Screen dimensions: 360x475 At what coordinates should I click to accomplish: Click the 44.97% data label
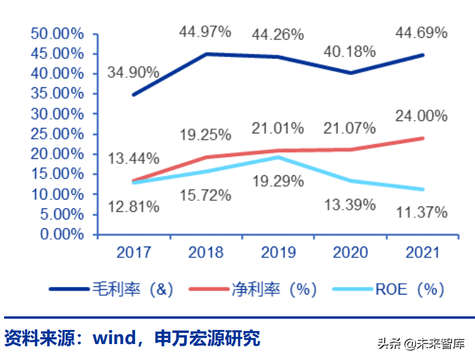pyautogui.click(x=205, y=32)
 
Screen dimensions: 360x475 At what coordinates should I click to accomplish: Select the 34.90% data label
pyautogui.click(x=133, y=73)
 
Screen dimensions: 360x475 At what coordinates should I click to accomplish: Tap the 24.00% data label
pyautogui.click(x=421, y=116)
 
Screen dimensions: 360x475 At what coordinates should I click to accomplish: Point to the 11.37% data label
pyautogui.click(x=421, y=212)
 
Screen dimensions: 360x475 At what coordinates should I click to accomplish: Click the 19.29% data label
pyautogui.click(x=277, y=181)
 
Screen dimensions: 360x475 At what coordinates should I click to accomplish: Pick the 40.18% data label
pyautogui.click(x=349, y=51)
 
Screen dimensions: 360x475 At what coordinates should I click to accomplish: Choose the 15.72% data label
pyautogui.click(x=205, y=194)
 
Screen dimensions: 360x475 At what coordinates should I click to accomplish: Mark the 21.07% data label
pyautogui.click(x=349, y=127)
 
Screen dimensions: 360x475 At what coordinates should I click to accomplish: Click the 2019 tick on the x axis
pyautogui.click(x=277, y=253)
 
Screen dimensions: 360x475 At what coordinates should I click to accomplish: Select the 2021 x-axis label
pyautogui.click(x=422, y=253)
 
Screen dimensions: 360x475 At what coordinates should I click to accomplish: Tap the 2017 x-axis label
pyautogui.click(x=133, y=253)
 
